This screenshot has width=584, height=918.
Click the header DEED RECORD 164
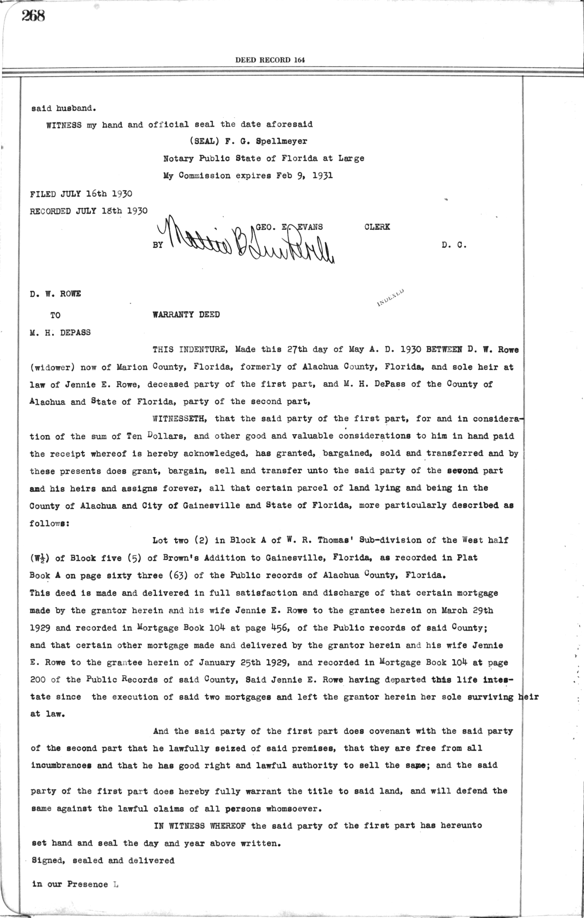tap(270, 60)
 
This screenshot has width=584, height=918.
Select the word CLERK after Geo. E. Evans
tap(377, 227)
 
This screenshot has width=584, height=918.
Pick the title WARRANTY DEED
tap(186, 314)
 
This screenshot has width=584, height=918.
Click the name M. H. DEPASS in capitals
tap(60, 332)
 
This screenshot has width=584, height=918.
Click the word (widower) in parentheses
tap(51, 367)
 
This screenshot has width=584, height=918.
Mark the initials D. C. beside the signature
tap(455, 245)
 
